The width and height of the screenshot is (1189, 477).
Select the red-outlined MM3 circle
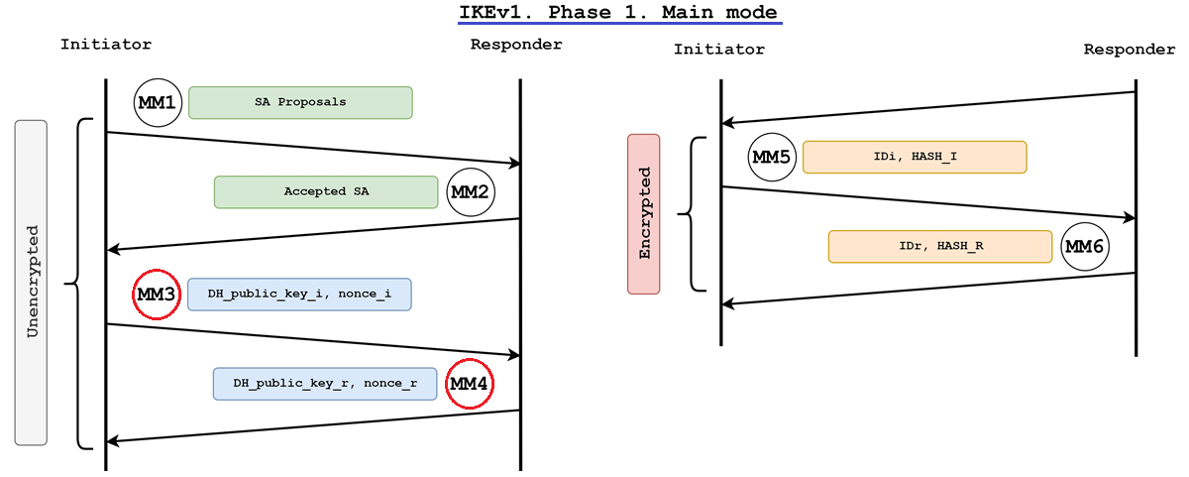tap(158, 295)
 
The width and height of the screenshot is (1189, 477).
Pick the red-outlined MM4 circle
tap(470, 384)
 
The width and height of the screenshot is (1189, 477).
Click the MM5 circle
tap(772, 158)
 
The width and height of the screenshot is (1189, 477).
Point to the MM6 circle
tap(1083, 246)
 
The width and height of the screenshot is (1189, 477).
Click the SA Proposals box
tap(300, 102)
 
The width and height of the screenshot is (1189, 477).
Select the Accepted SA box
tap(326, 192)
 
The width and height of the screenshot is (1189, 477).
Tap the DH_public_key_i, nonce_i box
tap(298, 295)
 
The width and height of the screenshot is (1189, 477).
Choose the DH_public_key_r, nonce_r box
tap(325, 384)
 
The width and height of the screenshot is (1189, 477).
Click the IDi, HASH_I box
tap(914, 158)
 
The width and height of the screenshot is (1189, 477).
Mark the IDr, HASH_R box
tap(939, 246)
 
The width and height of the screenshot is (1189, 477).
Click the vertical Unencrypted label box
tap(32, 283)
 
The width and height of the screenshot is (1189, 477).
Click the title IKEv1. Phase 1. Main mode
tap(618, 13)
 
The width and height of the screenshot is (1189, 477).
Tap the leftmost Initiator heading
tap(106, 45)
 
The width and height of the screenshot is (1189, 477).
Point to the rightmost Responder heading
tap(1130, 50)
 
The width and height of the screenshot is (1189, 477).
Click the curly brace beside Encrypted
tap(692, 213)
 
